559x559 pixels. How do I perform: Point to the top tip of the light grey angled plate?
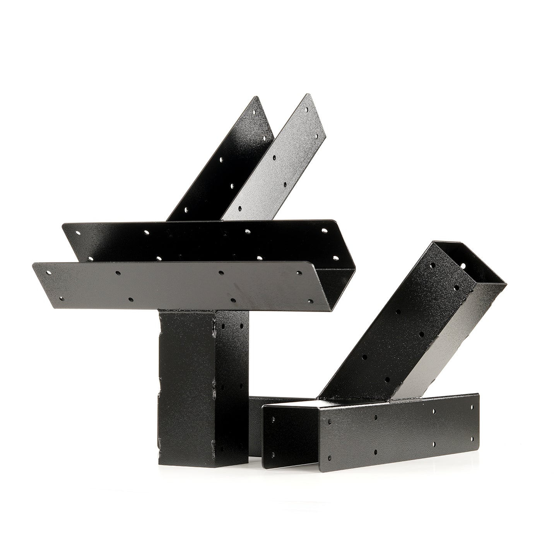point(308,95)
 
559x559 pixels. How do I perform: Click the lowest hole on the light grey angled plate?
point(240,208)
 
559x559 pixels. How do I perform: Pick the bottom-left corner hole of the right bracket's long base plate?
point(329,458)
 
